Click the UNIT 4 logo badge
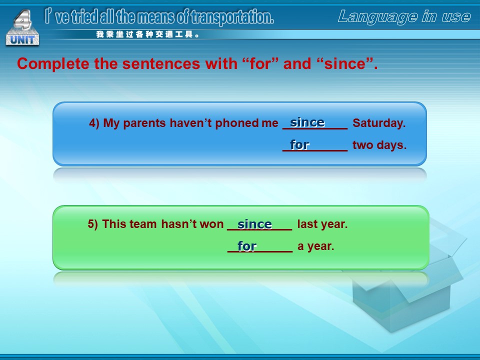point(22,28)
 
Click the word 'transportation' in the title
point(232,17)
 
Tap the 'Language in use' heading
point(404,16)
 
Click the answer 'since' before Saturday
point(307,122)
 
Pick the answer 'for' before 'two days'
point(299,145)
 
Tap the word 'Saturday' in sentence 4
point(379,123)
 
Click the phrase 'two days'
point(379,145)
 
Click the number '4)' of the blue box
point(94,123)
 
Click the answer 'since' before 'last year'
point(254,224)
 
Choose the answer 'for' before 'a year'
point(246,246)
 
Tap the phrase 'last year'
point(322,224)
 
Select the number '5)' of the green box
point(93,224)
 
